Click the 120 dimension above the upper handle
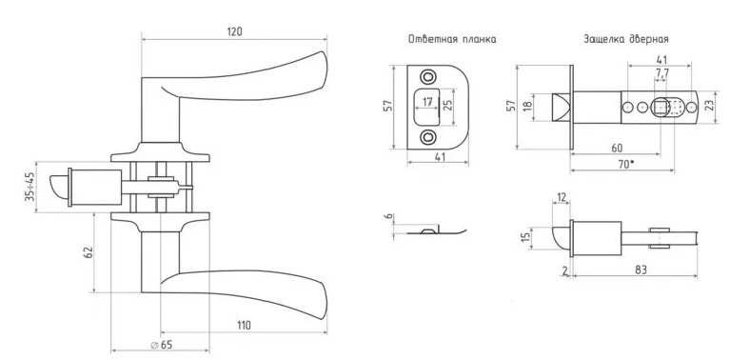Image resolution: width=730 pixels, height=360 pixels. point(235,31)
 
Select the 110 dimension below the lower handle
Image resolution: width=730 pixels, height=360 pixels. point(243,325)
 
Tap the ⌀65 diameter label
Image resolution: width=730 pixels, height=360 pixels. point(162,345)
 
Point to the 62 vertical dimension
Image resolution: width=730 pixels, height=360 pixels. point(88,252)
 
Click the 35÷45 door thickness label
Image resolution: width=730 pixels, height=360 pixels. point(30,187)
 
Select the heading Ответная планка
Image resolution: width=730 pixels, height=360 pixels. point(452,39)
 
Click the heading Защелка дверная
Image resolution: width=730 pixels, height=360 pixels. point(626,39)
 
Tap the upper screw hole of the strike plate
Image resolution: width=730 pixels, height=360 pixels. point(427,76)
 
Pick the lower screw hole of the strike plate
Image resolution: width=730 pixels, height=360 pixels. point(427,137)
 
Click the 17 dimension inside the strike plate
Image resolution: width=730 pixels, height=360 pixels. point(427,102)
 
